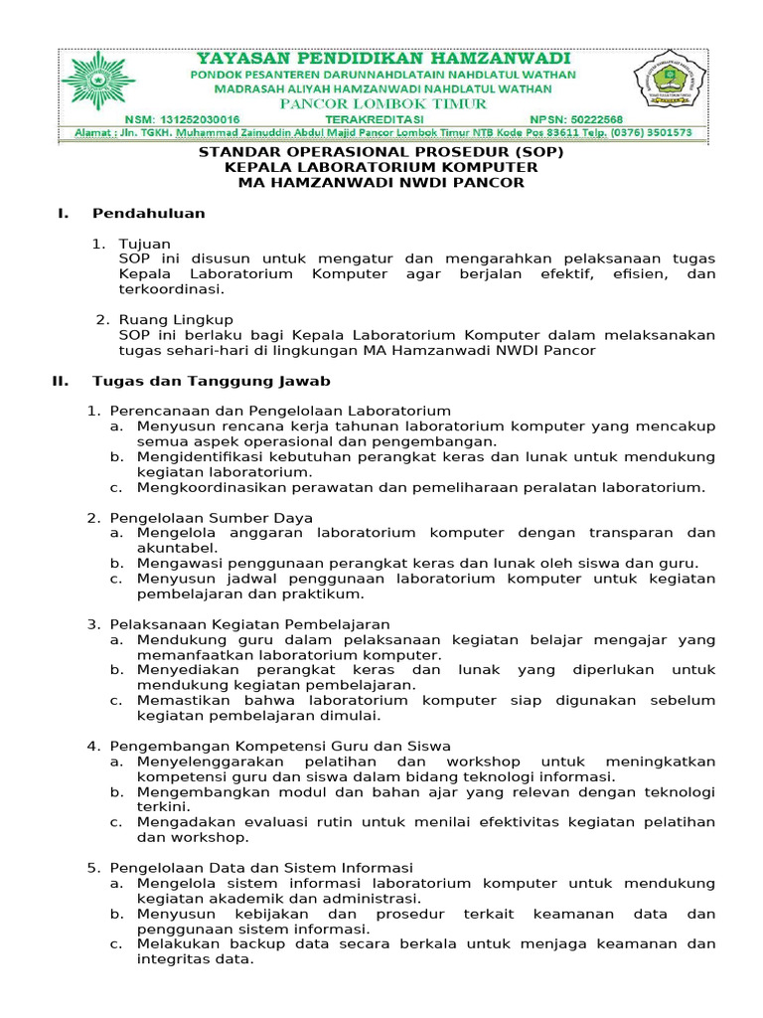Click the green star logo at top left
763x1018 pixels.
pos(98,84)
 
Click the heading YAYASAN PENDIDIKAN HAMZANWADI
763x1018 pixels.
pos(382,59)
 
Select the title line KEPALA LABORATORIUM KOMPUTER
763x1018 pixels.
pos(381,167)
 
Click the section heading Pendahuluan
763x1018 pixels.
pos(149,213)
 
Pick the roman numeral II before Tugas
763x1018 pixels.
pos(60,381)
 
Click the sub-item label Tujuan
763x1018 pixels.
pos(145,244)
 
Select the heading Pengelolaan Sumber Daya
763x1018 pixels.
pos(212,518)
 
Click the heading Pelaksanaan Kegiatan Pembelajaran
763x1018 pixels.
pos(249,623)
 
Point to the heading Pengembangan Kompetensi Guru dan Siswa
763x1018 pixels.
pos(280,746)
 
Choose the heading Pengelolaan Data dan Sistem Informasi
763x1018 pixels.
pos(261,868)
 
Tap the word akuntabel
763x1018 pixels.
pos(177,547)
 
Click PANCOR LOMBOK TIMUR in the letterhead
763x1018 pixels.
pos(382,103)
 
